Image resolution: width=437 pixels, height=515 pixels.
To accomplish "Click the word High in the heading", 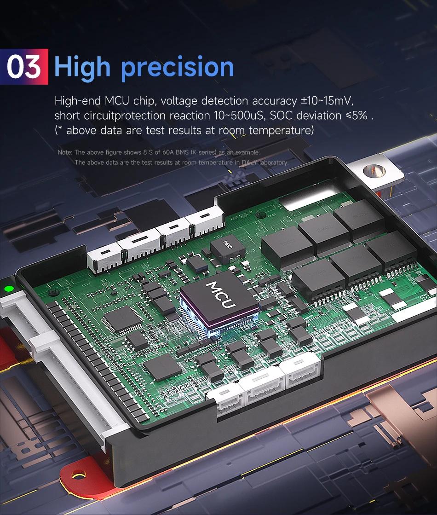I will click(x=83, y=67).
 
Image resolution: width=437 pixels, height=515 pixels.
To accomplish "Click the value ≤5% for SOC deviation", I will click(x=356, y=115).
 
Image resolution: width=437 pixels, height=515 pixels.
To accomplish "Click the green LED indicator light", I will click(x=9, y=289).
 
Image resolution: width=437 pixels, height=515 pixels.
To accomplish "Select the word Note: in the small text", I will click(x=65, y=152).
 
